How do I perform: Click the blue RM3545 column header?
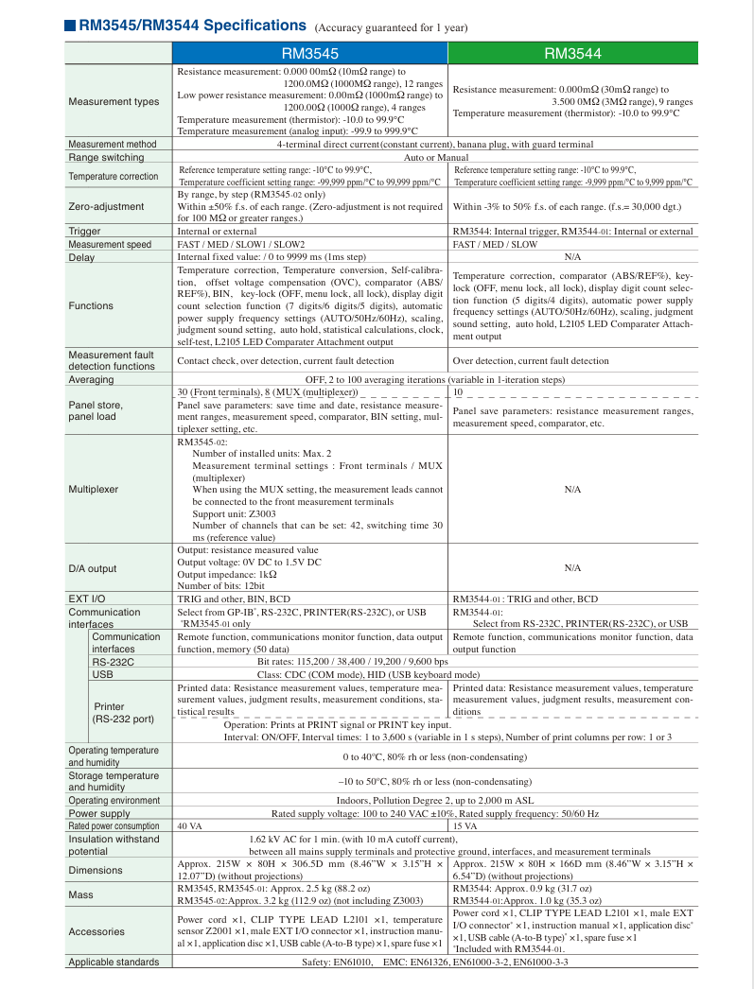pyautogui.click(x=310, y=54)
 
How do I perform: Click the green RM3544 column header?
pyautogui.click(x=571, y=54)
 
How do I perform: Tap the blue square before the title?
pyautogui.click(x=70, y=26)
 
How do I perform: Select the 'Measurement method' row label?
pyautogui.click(x=112, y=145)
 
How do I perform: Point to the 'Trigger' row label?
pyautogui.click(x=85, y=232)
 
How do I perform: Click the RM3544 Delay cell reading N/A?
pyautogui.click(x=571, y=257)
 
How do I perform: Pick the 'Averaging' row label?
pyautogui.click(x=91, y=379)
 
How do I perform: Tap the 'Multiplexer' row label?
pyautogui.click(x=94, y=490)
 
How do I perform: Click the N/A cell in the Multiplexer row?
pyautogui.click(x=571, y=490)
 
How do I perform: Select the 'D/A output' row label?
pyautogui.click(x=93, y=568)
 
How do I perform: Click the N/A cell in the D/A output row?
pyautogui.click(x=571, y=568)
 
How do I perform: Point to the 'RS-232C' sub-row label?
pyautogui.click(x=112, y=662)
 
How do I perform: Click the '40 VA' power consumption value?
pyautogui.click(x=190, y=826)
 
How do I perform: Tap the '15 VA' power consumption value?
pyautogui.click(x=465, y=826)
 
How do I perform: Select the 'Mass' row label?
pyautogui.click(x=80, y=894)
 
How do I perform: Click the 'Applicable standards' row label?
pyautogui.click(x=114, y=963)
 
